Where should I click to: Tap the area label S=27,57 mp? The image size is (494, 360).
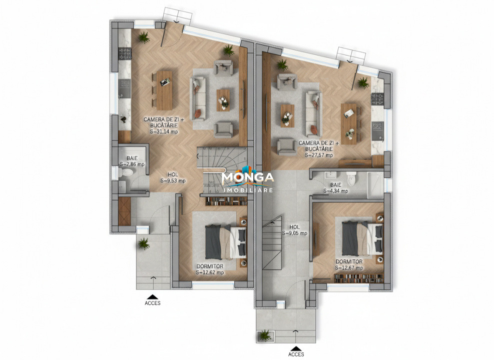tap(318, 155)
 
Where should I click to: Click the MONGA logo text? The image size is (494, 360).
tap(247, 178)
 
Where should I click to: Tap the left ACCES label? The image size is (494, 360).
tap(153, 303)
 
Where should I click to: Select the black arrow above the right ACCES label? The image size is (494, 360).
tap(296, 348)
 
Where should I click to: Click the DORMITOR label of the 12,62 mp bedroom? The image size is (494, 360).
tap(210, 266)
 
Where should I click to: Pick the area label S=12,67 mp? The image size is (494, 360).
tap(349, 267)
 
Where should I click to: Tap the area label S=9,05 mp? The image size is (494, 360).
tap(294, 233)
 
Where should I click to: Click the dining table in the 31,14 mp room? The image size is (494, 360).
tap(164, 90)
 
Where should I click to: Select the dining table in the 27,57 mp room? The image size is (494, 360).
tap(349, 123)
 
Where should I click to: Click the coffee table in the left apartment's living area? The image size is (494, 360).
tap(223, 100)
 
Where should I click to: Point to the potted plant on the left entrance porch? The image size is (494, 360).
tap(144, 243)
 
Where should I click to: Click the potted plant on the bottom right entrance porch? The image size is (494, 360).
tap(263, 335)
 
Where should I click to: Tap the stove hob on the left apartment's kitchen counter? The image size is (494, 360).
tap(123, 52)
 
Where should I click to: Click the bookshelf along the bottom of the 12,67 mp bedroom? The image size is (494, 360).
tap(358, 278)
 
